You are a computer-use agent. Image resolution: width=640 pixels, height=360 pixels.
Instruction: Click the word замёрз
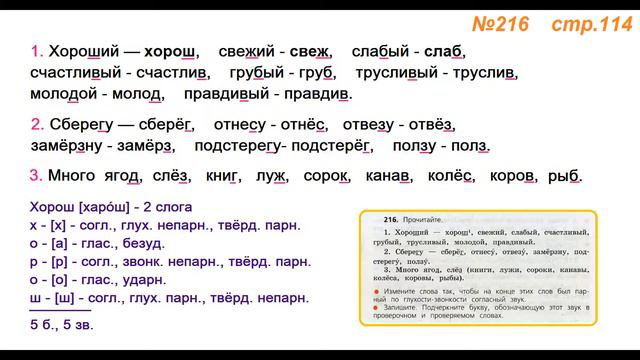(x=148, y=147)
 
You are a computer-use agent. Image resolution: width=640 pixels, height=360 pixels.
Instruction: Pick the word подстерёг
(x=334, y=147)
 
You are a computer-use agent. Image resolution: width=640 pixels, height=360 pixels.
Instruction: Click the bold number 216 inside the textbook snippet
(x=378, y=219)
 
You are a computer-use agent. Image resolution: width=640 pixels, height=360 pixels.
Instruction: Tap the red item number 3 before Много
(x=36, y=177)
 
